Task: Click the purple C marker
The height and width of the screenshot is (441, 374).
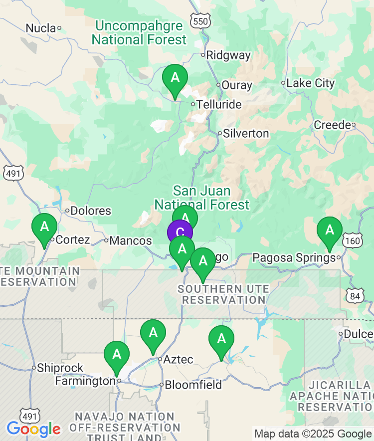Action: [x=180, y=232]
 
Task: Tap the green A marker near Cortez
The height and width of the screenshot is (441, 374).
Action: [x=44, y=227]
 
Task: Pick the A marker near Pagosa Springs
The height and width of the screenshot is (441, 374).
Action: [x=330, y=231]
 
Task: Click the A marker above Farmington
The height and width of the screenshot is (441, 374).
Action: [x=117, y=355]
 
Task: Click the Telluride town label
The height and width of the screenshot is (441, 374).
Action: [x=219, y=105]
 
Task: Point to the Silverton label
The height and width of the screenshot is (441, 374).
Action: [x=246, y=134]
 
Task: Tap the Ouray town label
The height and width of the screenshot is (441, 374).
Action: [x=237, y=85]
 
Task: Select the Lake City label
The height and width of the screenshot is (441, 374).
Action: [x=311, y=83]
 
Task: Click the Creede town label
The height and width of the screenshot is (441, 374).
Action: [x=333, y=125]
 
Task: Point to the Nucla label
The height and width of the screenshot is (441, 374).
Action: [x=40, y=28]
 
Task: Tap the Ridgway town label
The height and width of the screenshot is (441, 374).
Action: [x=228, y=55]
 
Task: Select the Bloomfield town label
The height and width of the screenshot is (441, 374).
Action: [x=193, y=385]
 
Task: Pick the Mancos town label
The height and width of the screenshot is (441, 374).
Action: [x=131, y=240]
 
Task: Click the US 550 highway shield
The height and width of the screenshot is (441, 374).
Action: [x=200, y=20]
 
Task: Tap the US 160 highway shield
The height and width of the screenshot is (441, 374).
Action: [x=352, y=241]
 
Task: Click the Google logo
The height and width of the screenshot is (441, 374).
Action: [x=33, y=429]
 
